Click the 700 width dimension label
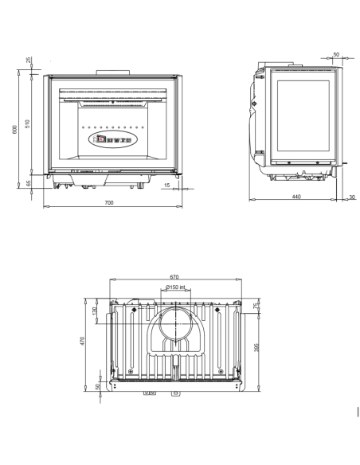(109, 202)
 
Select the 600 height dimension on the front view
(15, 130)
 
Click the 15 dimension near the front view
(166, 185)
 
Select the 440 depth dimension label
(296, 196)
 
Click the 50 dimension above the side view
(336, 55)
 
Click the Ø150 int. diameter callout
(175, 287)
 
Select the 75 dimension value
(256, 306)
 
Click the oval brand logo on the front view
(112, 139)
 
